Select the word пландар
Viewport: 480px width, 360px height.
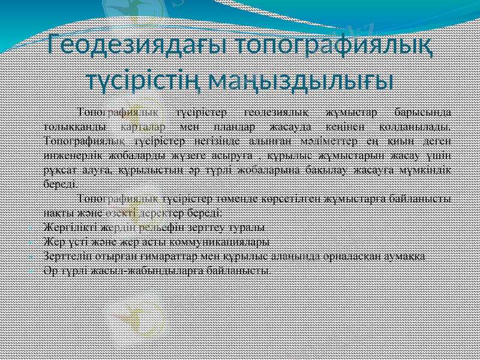point(234,127)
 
